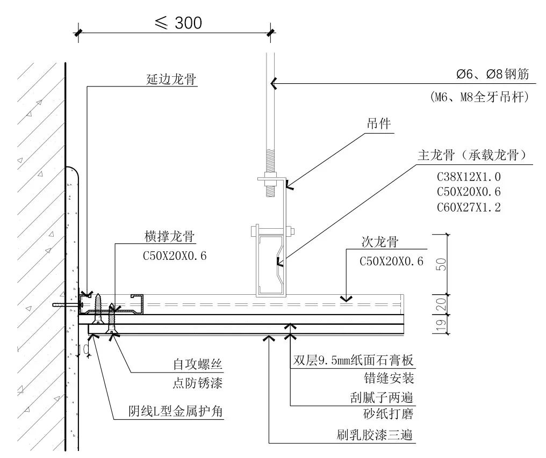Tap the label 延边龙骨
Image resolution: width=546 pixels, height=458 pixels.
(x=171, y=79)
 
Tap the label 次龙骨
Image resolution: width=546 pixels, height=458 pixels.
(x=379, y=242)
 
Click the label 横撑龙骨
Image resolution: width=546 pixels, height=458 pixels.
(x=169, y=236)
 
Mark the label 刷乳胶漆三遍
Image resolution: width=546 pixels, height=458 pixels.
(x=373, y=434)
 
